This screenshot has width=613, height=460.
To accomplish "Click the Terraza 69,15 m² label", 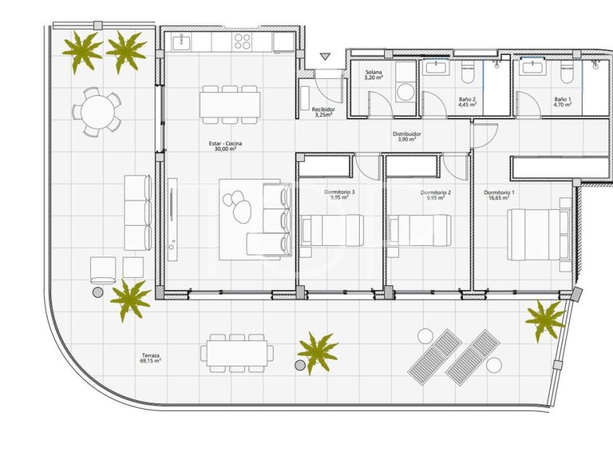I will tap(149, 357).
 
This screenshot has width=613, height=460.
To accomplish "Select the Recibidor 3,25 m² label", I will tap(322, 112).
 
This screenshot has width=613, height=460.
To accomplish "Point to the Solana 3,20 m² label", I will tap(375, 75).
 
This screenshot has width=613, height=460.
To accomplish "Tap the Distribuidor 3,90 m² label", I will tap(409, 137).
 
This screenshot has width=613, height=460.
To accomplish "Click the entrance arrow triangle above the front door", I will tap(325, 57).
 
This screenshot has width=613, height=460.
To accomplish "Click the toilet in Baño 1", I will tap(567, 73).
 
